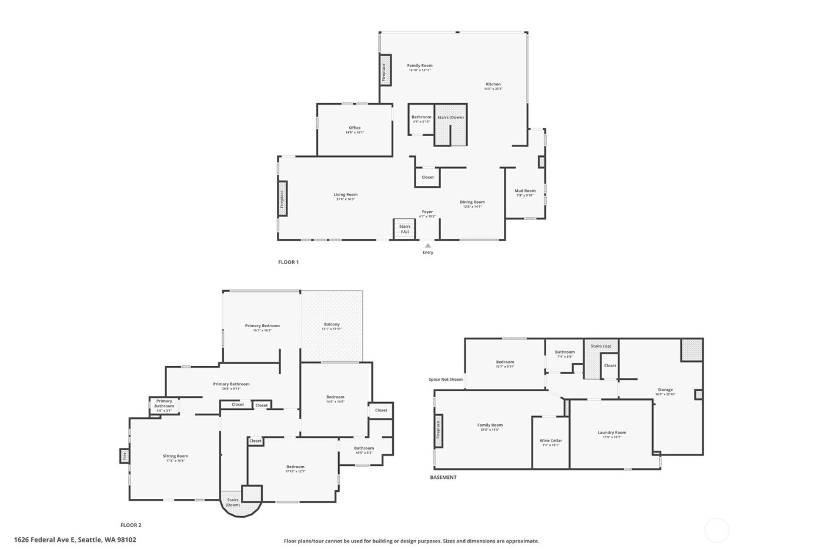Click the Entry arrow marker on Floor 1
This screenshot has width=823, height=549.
[427, 245]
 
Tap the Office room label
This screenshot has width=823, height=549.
[354, 128]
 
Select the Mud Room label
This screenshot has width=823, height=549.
[525, 191]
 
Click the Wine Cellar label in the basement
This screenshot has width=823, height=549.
[551, 441]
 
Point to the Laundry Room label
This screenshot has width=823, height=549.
[611, 432]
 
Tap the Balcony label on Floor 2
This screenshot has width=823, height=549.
[332, 324]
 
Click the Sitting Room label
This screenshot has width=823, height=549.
[175, 456]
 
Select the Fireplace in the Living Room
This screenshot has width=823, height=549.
[282, 199]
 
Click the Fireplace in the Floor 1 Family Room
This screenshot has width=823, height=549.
[385, 70]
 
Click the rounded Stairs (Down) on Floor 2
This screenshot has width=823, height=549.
[233, 503]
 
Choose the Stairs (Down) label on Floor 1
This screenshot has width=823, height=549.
[450, 117]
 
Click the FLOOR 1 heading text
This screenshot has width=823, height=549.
[288, 262]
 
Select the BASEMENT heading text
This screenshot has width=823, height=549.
[443, 477]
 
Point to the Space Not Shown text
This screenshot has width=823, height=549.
[446, 380]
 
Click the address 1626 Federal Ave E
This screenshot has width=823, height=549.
[75, 539]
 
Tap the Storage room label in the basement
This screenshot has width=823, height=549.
[665, 390]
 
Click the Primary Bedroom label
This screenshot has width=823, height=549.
[262, 325]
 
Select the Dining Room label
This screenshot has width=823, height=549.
[472, 202]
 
